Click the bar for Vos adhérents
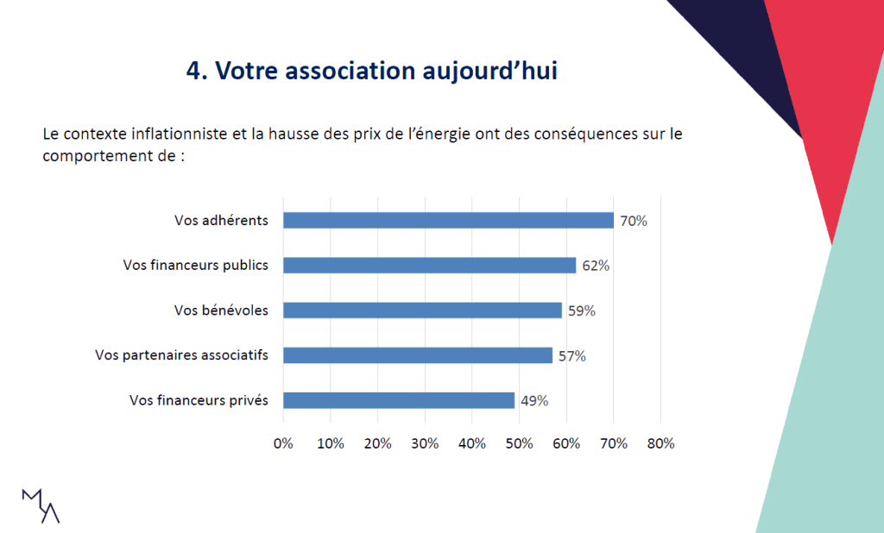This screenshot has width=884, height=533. coord(448,221)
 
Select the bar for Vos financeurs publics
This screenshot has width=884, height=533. coord(429,266)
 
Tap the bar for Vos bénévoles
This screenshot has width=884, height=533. coord(422,310)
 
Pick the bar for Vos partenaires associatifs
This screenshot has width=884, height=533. coord(418,355)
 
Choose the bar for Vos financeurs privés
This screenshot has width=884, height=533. coord(399,400)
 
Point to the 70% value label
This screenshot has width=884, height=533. coord(634,221)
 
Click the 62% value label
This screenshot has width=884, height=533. coord(596,266)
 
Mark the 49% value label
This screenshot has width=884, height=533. coord(534,400)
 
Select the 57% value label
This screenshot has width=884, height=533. coord(571,355)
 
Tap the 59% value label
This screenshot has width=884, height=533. coord(581,310)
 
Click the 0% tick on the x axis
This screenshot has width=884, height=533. coord(283,443)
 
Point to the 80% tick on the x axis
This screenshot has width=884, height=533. coord(660,443)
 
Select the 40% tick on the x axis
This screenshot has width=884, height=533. coord(472,443)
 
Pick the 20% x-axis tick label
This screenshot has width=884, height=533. coord(378,443)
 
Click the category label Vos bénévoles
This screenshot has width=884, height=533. coord(221,310)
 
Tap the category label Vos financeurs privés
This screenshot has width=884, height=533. coord(199,400)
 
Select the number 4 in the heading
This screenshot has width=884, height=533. coord(193,70)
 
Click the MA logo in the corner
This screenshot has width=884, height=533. coord(41,505)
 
